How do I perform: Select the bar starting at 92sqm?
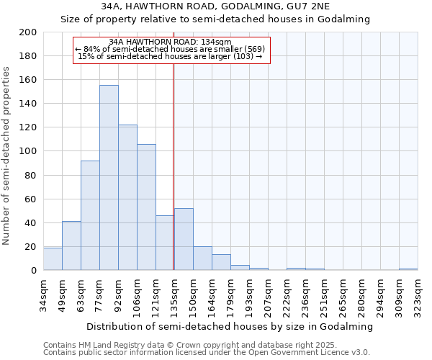[127, 197]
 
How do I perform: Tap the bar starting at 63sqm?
[90, 215]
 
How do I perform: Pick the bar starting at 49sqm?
[71, 246]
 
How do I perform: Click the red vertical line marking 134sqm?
[174, 166]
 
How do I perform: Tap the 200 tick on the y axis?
[28, 32]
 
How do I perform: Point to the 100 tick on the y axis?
[28, 151]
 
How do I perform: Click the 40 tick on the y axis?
[31, 222]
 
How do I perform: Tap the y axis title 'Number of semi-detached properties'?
[7, 156]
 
